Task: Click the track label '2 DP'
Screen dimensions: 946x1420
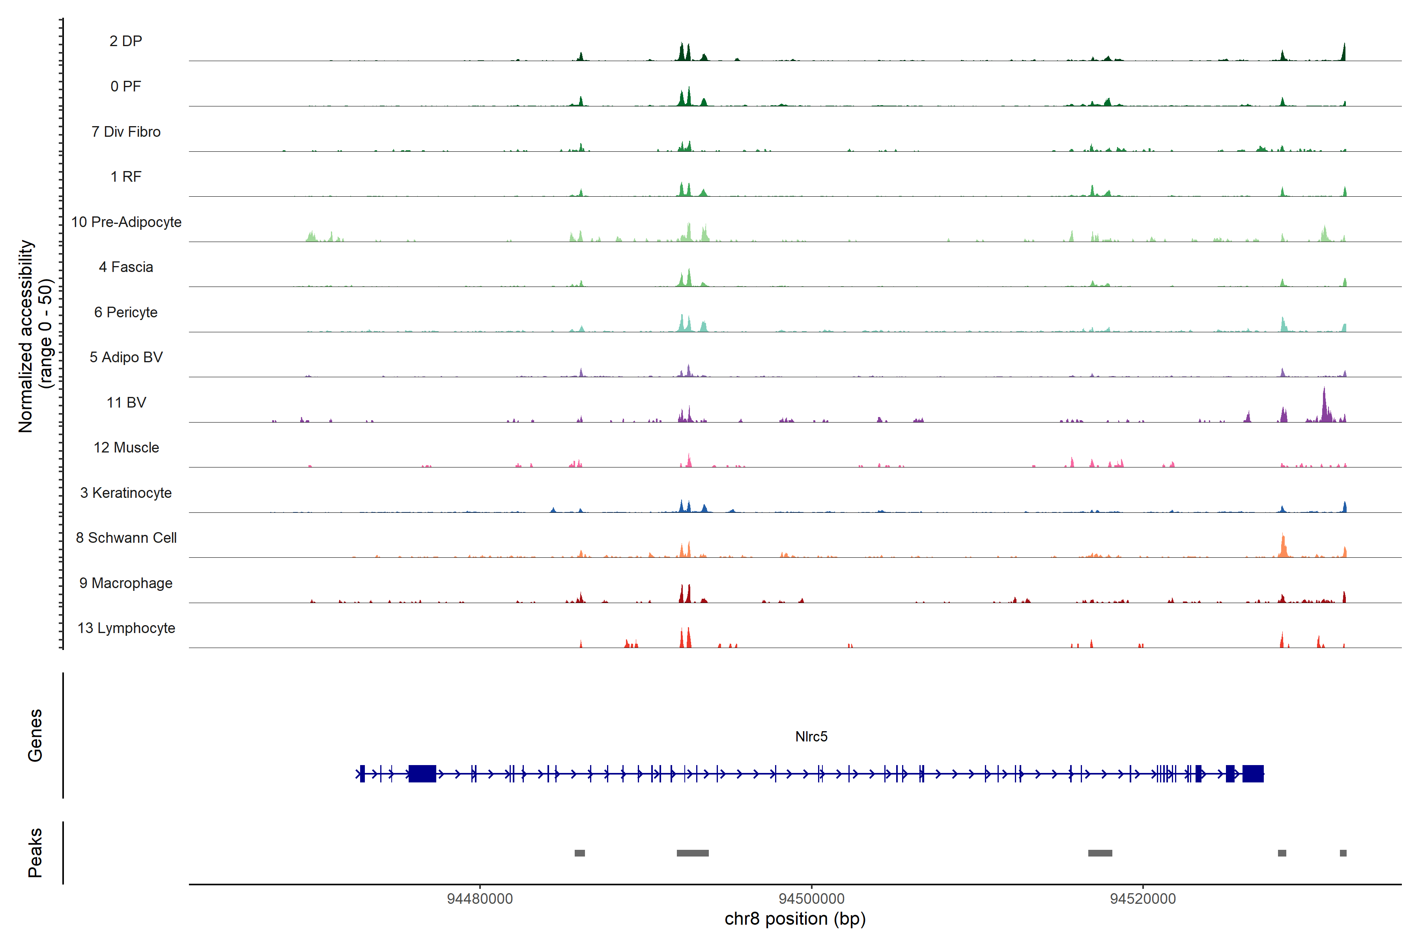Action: (125, 41)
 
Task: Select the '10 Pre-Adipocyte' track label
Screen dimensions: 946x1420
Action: (126, 222)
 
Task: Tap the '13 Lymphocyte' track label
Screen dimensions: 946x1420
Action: (126, 628)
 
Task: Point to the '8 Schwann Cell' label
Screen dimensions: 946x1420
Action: (126, 538)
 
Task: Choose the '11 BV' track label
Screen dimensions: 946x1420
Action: (126, 402)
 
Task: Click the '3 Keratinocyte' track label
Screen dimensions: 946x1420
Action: (126, 493)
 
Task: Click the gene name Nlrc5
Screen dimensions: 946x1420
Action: (811, 737)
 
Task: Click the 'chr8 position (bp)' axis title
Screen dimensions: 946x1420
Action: (794, 919)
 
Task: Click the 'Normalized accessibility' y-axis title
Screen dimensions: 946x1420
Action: (25, 336)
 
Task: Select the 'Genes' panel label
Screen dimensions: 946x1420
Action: (35, 736)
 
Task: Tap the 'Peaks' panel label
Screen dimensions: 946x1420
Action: (35, 853)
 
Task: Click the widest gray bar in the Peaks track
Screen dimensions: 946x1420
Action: (693, 853)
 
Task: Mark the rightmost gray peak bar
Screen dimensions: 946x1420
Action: (1343, 853)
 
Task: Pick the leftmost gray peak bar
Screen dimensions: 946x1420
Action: (579, 853)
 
